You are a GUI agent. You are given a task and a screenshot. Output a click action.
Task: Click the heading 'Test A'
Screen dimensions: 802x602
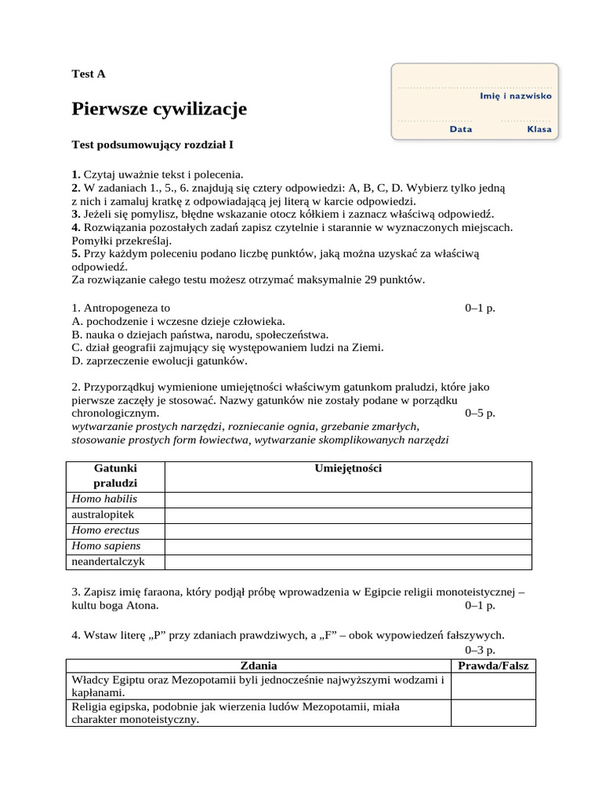88,74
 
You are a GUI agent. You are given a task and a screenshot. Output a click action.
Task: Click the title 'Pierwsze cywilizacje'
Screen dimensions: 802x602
159,109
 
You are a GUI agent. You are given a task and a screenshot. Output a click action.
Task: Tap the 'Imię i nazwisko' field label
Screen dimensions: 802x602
515,96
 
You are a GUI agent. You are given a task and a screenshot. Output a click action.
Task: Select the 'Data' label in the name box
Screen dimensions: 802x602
461,129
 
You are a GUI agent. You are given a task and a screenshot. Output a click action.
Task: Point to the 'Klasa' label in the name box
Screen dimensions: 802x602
539,129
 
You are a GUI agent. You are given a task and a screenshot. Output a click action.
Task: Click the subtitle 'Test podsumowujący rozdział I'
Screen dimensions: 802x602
153,145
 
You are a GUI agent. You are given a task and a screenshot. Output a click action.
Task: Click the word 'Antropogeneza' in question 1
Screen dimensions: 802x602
125,308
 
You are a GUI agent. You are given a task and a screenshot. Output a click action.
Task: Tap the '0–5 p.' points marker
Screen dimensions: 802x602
481,413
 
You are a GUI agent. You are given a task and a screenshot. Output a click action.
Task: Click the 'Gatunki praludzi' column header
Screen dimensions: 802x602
115,475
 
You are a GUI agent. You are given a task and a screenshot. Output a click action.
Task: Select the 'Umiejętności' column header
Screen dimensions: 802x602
348,468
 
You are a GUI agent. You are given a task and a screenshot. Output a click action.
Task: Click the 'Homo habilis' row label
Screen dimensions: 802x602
103,499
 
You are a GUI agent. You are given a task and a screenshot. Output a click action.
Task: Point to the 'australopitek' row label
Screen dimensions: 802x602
103,515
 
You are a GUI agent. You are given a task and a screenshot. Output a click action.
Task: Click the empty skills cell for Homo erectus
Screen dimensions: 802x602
348,530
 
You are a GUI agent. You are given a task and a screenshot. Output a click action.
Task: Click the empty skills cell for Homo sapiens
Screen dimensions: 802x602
348,546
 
